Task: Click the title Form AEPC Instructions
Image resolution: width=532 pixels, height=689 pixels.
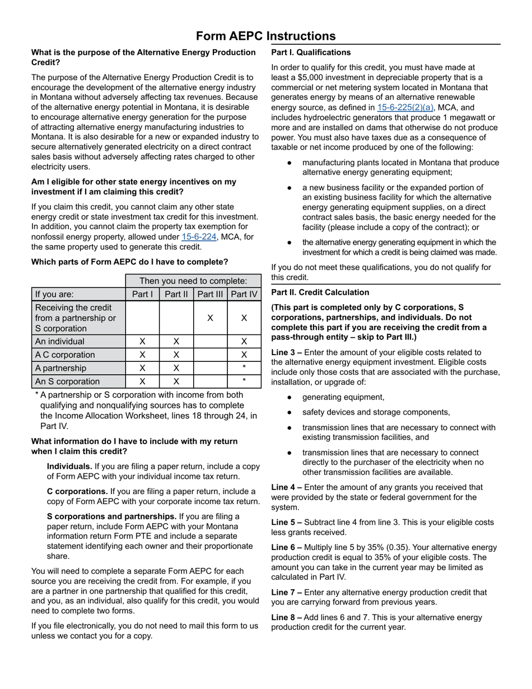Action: pos(265,36)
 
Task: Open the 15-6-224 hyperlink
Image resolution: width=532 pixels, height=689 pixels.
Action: pos(199,237)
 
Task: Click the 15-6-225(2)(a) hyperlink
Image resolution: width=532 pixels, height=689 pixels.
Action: pos(405,108)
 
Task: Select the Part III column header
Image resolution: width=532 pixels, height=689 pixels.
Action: pos(210,294)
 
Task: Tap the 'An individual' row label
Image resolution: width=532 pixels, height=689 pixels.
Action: pos(60,341)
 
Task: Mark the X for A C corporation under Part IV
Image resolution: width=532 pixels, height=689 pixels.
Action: pos(244,355)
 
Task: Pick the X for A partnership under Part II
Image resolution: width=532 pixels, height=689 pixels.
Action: pos(176,368)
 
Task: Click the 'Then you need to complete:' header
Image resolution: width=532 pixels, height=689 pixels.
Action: pos(193,281)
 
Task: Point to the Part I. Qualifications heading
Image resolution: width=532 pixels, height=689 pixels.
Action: pos(311,53)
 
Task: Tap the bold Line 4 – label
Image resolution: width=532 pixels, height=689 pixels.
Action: pos(287,487)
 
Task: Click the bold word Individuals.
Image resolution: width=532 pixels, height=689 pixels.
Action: pos(69,466)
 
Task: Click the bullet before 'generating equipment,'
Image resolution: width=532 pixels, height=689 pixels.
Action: pos(289,397)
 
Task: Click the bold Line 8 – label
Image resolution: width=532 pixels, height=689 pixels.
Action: pos(287,617)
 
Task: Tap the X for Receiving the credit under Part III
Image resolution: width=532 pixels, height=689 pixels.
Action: pos(210,318)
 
